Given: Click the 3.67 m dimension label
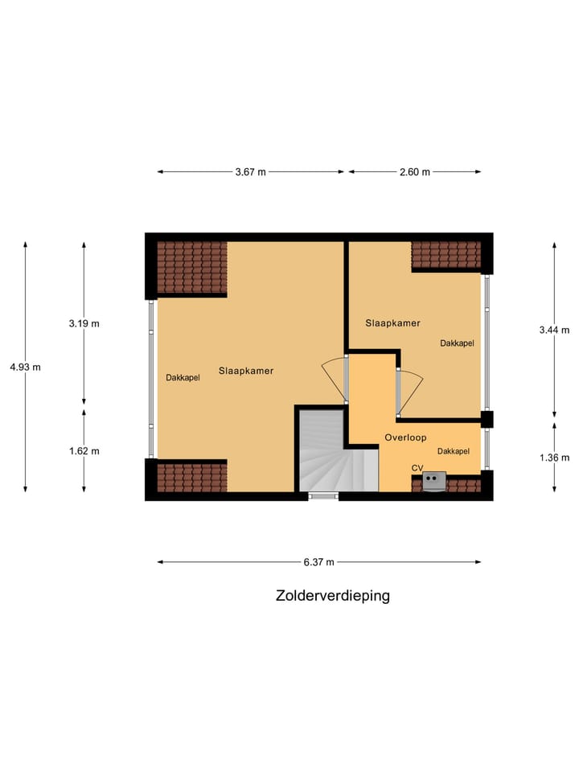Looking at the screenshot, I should (x=250, y=172).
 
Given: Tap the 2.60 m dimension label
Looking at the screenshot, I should (x=415, y=172).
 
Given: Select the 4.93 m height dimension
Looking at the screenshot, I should (x=25, y=367).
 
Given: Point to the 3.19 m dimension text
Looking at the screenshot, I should (x=84, y=323).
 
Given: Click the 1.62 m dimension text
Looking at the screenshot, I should (x=84, y=450).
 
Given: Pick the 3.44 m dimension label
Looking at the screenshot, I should (x=554, y=330).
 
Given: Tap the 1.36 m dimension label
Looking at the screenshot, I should (x=554, y=458).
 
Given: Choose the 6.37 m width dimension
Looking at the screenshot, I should (x=319, y=562).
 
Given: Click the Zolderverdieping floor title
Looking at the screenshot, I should (x=332, y=596).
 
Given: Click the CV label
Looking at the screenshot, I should (x=417, y=467).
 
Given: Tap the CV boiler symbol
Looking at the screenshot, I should (x=434, y=480).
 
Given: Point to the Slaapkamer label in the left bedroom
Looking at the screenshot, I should (x=246, y=372).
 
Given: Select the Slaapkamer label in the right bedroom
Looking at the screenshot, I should (x=393, y=323).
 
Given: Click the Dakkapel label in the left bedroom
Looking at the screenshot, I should (x=183, y=377).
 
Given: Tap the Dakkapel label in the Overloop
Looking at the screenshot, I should (x=454, y=451).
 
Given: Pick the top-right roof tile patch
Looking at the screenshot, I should (x=446, y=255).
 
